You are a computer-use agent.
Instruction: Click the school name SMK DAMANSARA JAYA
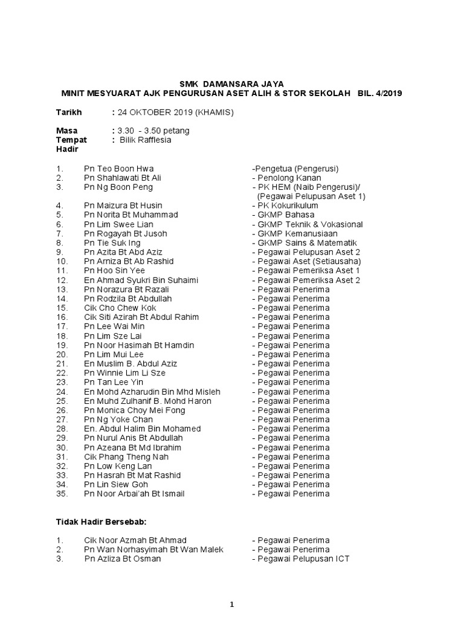(232, 83)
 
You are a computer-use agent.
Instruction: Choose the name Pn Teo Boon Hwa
(123, 169)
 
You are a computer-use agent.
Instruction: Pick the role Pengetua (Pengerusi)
(295, 169)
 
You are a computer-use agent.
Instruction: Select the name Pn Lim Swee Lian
(119, 224)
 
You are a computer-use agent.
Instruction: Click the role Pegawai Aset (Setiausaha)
(306, 261)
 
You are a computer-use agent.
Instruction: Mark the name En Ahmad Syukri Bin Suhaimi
(141, 280)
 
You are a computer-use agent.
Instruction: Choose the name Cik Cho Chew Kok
(120, 308)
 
